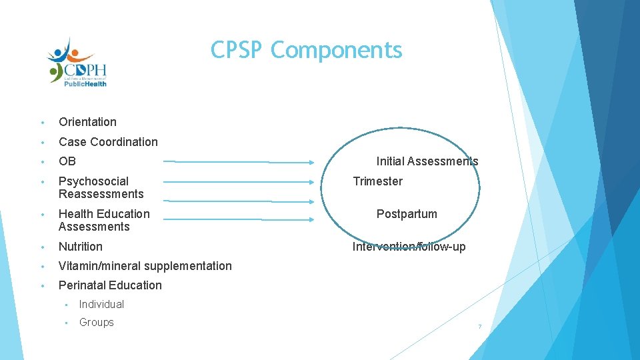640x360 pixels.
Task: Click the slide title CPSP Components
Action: point(306,50)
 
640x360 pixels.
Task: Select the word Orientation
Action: point(87,122)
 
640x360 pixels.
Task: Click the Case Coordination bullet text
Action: point(108,141)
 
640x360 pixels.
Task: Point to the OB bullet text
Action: point(67,161)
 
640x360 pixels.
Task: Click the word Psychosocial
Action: point(93,181)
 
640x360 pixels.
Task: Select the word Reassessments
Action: point(101,194)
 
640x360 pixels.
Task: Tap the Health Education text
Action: point(104,214)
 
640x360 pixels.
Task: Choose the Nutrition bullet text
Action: point(81,247)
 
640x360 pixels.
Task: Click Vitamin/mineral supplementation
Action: point(145,266)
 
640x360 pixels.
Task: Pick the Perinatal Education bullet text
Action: point(110,285)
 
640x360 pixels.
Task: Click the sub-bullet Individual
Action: point(101,305)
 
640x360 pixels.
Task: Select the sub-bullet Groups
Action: point(97,323)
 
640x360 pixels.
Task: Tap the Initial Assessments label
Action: point(427,161)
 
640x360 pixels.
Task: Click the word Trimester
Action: point(377,181)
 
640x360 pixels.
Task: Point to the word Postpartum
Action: point(407,214)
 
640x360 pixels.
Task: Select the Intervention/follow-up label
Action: point(409,247)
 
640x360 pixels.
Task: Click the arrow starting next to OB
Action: point(240,161)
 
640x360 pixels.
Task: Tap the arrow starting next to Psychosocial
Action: point(240,181)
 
